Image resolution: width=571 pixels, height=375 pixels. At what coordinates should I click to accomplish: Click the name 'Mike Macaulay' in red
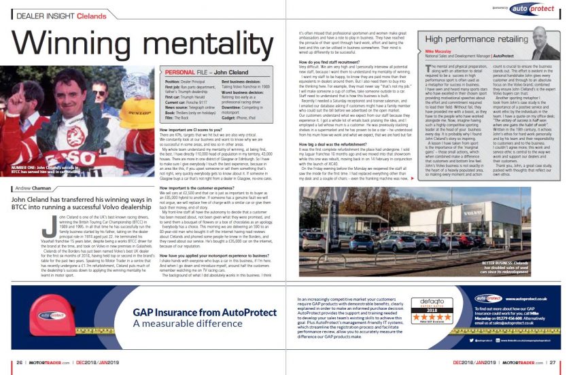click(x=438, y=51)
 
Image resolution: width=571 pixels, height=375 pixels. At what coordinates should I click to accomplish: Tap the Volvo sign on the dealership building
click(x=360, y=192)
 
